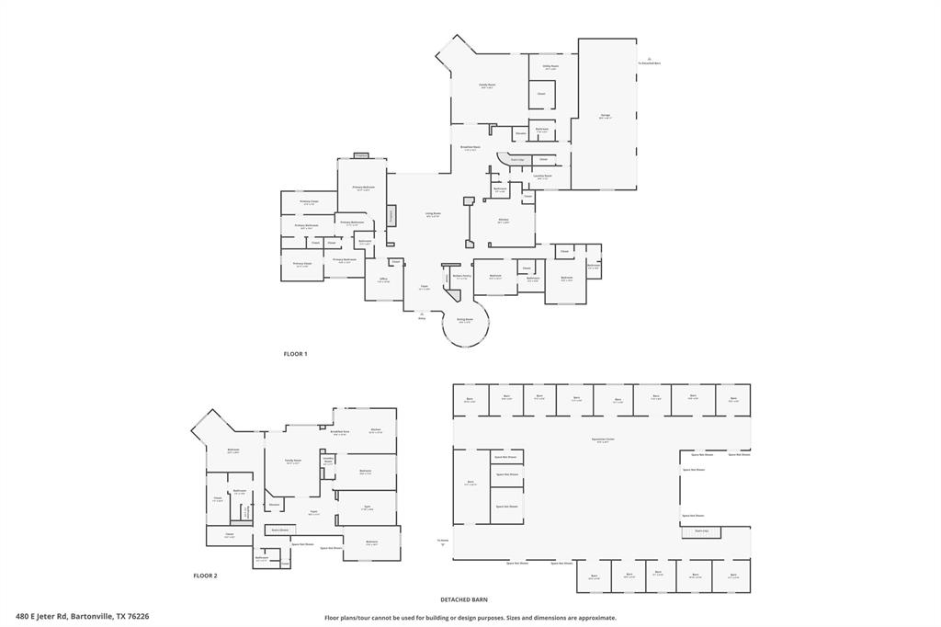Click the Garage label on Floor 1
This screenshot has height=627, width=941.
(x=605, y=116)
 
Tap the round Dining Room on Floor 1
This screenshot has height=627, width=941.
(x=464, y=321)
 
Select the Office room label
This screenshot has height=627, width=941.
(x=382, y=281)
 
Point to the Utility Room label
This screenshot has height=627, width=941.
(x=550, y=67)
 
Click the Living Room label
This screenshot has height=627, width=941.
(x=433, y=215)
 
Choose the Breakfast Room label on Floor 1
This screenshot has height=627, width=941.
(x=470, y=148)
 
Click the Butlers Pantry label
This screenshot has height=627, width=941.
(x=461, y=276)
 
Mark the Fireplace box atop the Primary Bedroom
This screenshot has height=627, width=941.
(x=361, y=155)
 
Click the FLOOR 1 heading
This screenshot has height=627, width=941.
(x=295, y=354)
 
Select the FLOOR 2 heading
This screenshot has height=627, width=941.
(x=205, y=576)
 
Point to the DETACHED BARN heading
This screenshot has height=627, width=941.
(x=463, y=599)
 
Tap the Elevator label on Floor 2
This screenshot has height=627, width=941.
(x=274, y=505)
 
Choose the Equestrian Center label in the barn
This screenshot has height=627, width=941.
(x=603, y=440)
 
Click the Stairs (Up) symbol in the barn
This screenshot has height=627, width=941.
(x=701, y=531)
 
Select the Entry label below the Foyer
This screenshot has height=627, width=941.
(x=422, y=318)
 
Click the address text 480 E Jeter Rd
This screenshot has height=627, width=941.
(x=42, y=617)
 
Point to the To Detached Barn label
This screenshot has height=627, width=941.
(x=650, y=63)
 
